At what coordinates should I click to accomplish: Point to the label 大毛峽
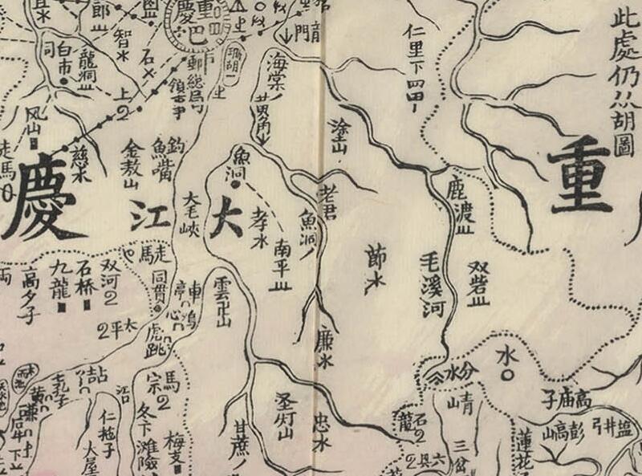(x=190, y=211)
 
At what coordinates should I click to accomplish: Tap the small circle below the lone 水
(x=506, y=374)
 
